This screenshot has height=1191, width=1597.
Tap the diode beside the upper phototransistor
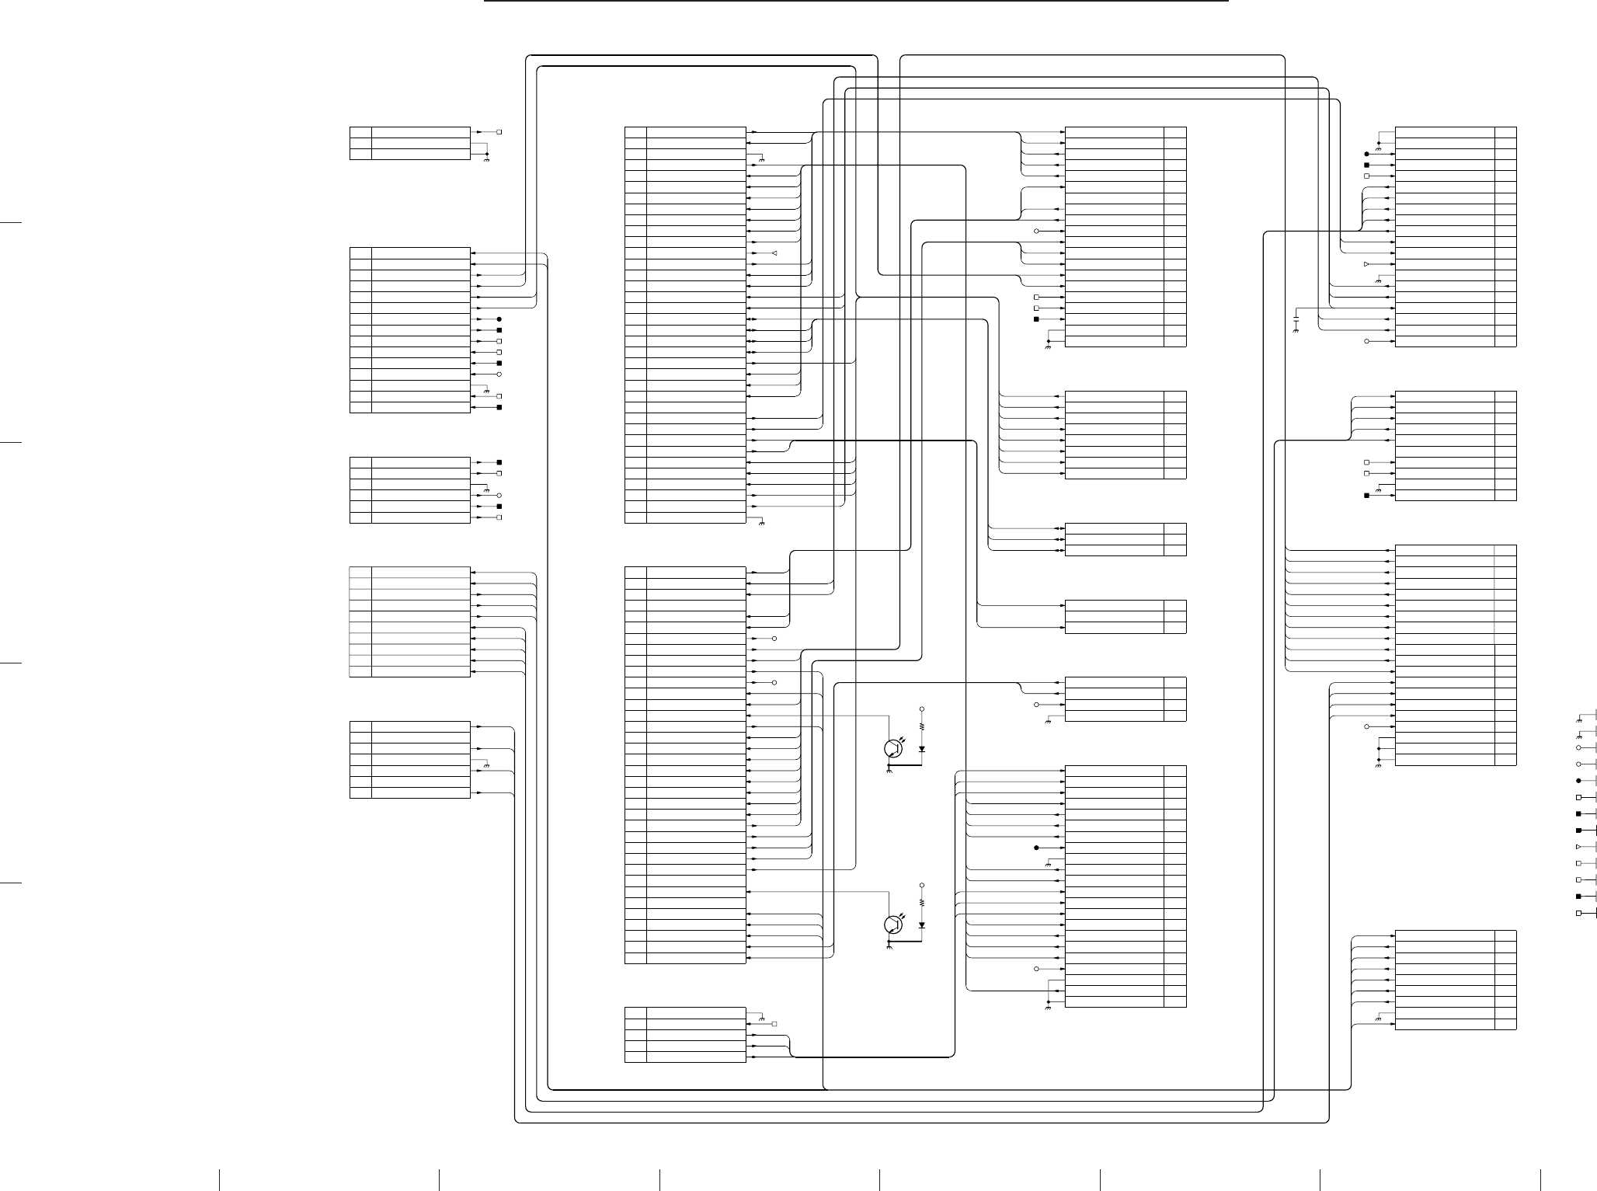pos(922,749)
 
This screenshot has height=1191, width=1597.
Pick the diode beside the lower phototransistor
pos(922,925)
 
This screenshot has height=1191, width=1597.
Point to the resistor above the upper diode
pos(922,727)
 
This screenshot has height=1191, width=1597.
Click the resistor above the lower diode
pos(922,903)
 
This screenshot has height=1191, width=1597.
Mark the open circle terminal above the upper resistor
pos(922,709)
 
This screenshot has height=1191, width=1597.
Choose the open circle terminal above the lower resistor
pos(922,885)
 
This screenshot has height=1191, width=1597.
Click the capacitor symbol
pos(1295,319)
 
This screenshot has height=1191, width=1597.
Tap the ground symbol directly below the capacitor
pos(1295,332)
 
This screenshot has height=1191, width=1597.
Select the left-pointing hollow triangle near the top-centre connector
pos(774,254)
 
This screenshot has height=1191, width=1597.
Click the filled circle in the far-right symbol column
pos(1578,780)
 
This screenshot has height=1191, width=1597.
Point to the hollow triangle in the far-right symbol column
pos(1578,846)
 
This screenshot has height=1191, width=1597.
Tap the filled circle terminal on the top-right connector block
pos(1366,154)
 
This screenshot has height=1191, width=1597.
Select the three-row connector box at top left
pos(410,143)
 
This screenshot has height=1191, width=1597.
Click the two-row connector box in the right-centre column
pos(1125,616)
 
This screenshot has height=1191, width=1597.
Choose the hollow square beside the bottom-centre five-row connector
pos(774,1024)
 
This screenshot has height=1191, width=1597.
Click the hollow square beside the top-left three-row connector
pos(499,132)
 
